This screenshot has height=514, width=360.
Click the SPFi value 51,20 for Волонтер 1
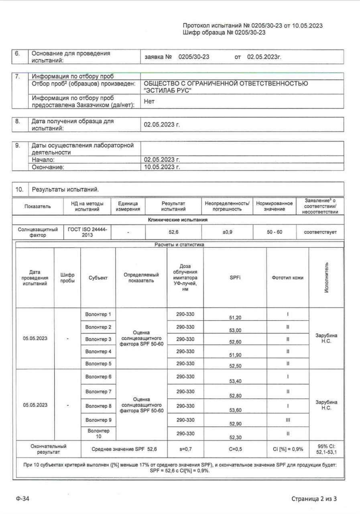point(235,318)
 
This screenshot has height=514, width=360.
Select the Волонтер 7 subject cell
point(98,392)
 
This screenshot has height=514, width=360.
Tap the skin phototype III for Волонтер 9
point(288,420)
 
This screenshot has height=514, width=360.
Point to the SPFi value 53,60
point(235,410)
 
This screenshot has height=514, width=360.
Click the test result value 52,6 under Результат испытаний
point(174,232)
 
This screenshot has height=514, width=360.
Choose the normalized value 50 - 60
point(275,232)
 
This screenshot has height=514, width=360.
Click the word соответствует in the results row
point(320,232)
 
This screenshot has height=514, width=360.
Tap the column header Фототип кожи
point(287,277)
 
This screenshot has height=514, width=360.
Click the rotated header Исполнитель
point(326,277)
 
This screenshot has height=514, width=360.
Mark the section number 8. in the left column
point(18,121)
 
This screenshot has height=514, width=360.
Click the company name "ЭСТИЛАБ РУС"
point(168,90)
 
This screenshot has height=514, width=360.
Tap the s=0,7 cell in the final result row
point(185,449)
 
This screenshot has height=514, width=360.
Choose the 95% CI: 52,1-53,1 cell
point(326,449)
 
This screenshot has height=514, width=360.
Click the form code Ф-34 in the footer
point(23,499)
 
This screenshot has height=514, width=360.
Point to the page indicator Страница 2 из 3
point(314,499)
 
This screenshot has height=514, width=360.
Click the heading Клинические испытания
point(178,220)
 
